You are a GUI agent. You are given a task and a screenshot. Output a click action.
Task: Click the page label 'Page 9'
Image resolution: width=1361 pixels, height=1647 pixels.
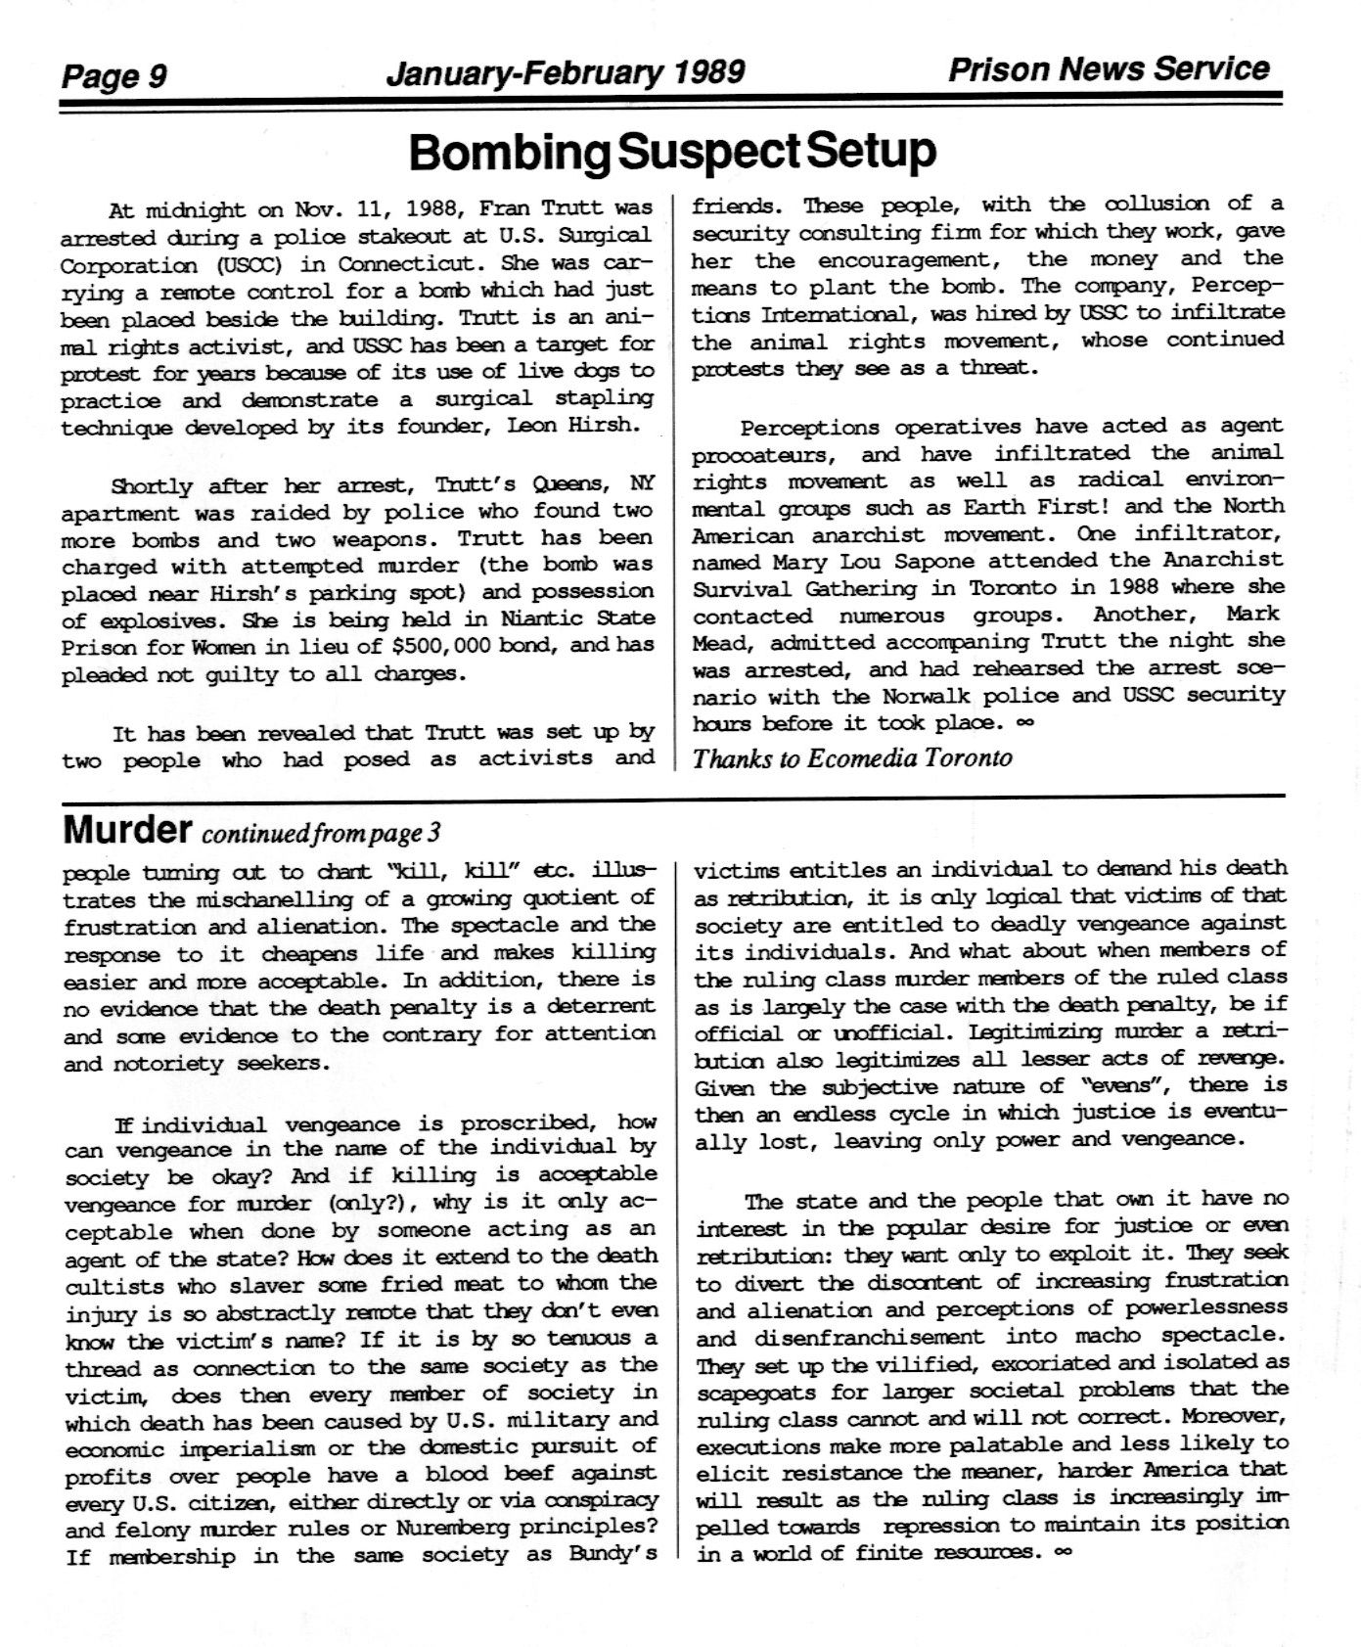(x=114, y=75)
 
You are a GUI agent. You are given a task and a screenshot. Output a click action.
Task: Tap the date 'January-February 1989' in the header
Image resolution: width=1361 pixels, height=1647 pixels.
(x=566, y=72)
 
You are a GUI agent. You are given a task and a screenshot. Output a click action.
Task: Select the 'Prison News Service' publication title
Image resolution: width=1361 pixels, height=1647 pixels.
(x=1108, y=69)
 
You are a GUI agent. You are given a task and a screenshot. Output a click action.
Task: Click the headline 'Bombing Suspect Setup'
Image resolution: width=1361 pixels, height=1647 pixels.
(x=672, y=152)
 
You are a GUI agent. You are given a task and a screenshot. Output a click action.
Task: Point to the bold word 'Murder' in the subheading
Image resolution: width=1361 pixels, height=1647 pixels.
(x=126, y=831)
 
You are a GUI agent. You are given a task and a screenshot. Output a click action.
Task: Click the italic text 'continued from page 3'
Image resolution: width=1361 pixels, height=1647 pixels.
(x=320, y=834)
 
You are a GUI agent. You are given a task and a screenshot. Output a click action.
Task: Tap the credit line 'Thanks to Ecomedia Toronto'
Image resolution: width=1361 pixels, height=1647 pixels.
(x=852, y=758)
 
